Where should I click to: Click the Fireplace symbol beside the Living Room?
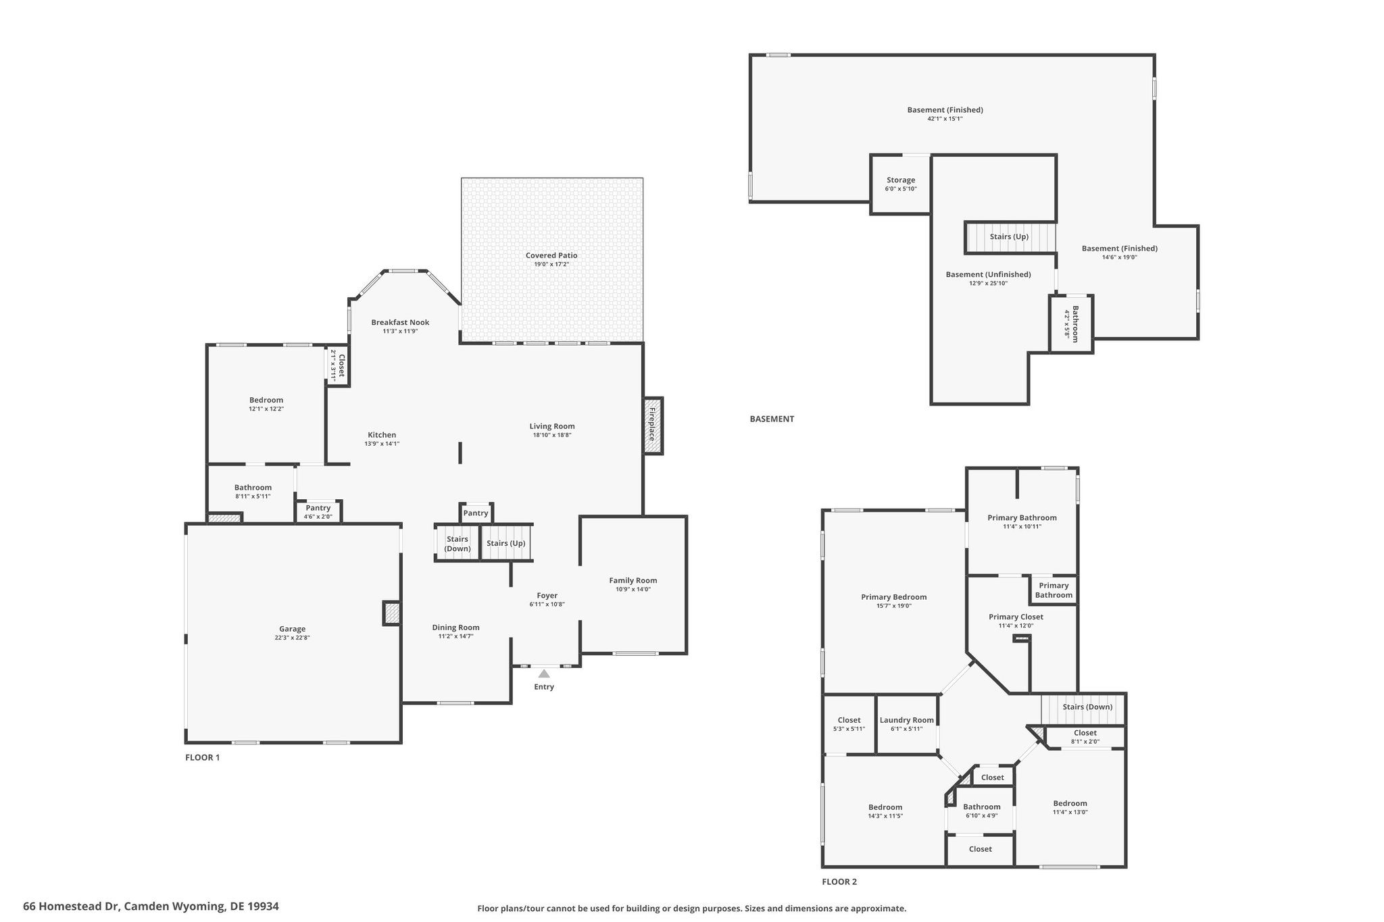coord(653,425)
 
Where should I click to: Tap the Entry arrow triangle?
coord(544,673)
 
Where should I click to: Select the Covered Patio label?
coord(551,255)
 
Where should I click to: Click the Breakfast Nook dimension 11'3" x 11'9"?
coord(400,331)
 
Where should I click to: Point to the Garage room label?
coord(293,629)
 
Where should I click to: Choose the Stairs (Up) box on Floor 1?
coord(506,542)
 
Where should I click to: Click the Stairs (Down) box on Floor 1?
coord(458,543)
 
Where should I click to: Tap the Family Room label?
coord(633,580)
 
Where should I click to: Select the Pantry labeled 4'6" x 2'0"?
coord(318,511)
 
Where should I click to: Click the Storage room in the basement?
coord(901,184)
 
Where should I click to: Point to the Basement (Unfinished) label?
coord(988,274)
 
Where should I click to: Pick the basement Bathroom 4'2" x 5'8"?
coord(1071,324)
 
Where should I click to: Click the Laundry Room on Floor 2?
coord(907,724)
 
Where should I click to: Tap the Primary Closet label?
coord(1016,617)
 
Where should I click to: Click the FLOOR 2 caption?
coord(839,881)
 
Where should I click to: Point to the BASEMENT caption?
coord(772,419)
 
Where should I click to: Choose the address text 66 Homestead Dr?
coord(72,906)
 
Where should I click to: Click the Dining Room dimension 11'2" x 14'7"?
coord(456,636)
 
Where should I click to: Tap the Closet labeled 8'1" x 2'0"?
coord(1085,737)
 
